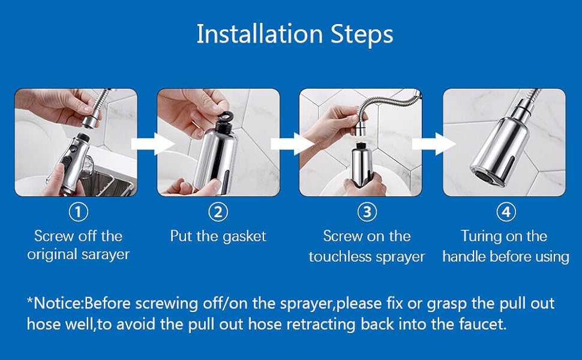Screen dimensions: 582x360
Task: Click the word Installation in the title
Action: pos(259,34)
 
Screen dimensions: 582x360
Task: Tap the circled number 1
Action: pos(79,212)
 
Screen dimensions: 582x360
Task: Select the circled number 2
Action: pos(218,212)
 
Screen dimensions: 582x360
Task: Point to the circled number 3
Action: pos(367,212)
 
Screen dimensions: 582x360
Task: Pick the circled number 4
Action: pos(506,212)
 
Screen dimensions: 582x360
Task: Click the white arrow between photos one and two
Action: pos(153,143)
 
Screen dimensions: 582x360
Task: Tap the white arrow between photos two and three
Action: pos(293,143)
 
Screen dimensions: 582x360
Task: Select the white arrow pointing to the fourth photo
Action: pos(434,143)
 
